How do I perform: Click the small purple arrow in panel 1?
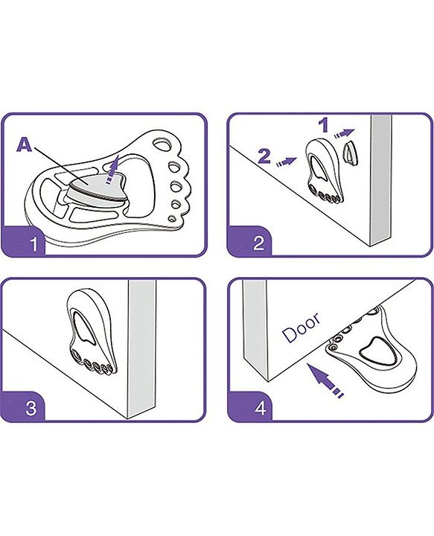[113, 169]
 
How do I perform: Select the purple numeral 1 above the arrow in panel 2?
[324, 126]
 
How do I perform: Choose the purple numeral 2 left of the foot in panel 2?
[264, 156]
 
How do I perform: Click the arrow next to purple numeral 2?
[287, 162]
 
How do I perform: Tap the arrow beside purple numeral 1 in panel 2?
[345, 133]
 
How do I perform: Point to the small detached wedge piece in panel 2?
[350, 153]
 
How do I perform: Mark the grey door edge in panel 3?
[141, 349]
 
